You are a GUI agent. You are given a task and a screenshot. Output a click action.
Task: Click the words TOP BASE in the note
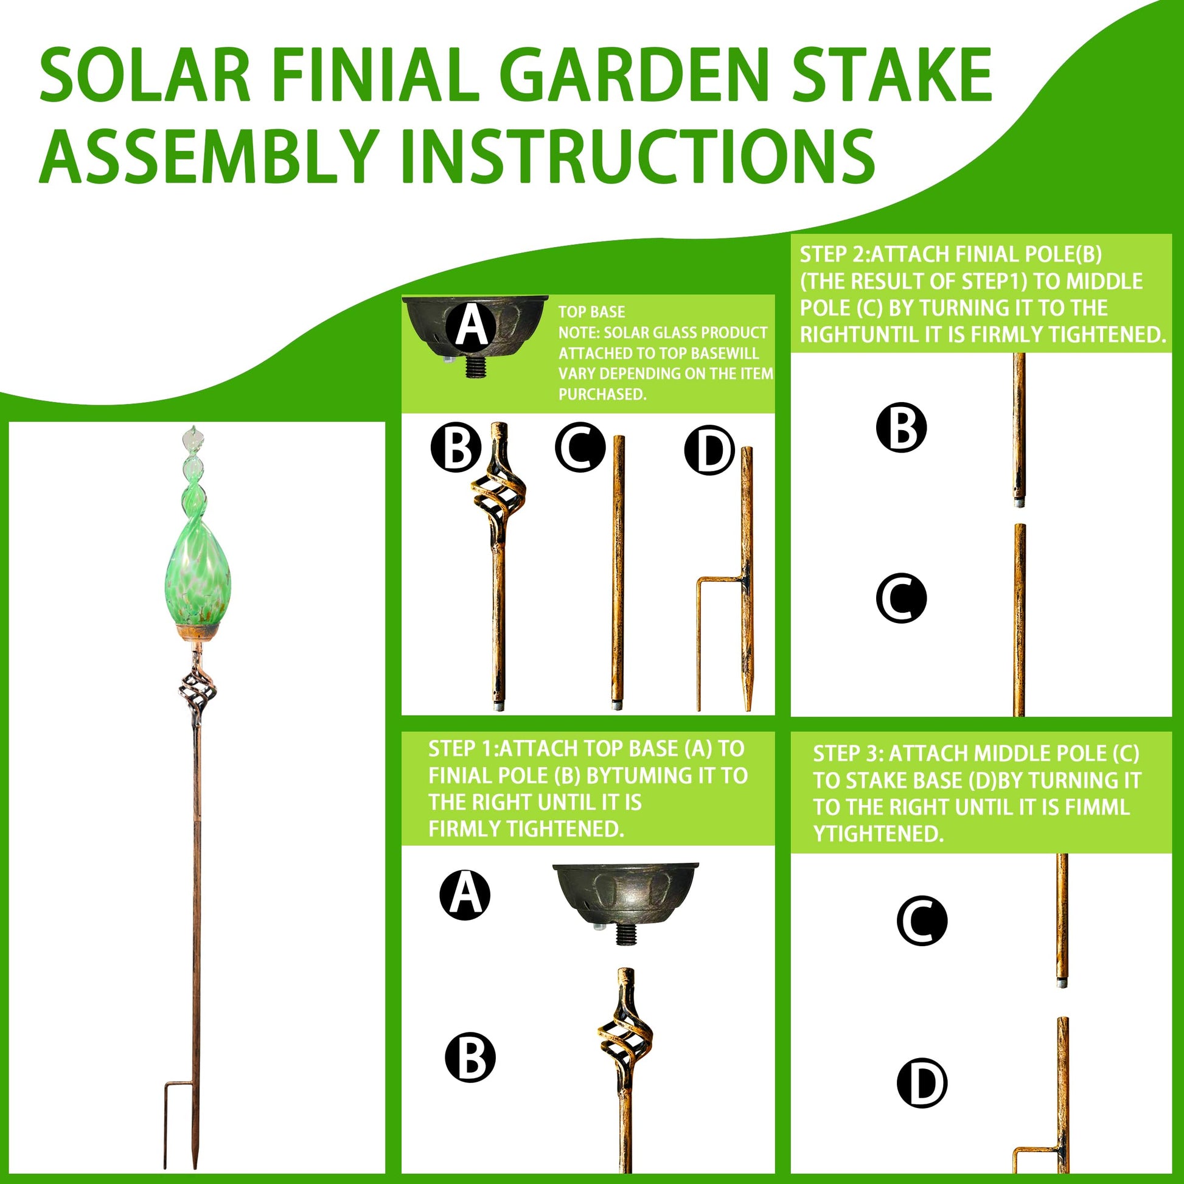pos(591,312)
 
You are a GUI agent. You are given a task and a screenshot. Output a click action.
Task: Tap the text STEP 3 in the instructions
pos(848,753)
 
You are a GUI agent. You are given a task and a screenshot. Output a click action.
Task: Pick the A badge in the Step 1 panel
pos(465,896)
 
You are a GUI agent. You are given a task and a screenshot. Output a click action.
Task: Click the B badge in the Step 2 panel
pos(901,428)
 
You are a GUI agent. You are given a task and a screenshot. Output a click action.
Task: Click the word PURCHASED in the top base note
pos(602,395)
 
